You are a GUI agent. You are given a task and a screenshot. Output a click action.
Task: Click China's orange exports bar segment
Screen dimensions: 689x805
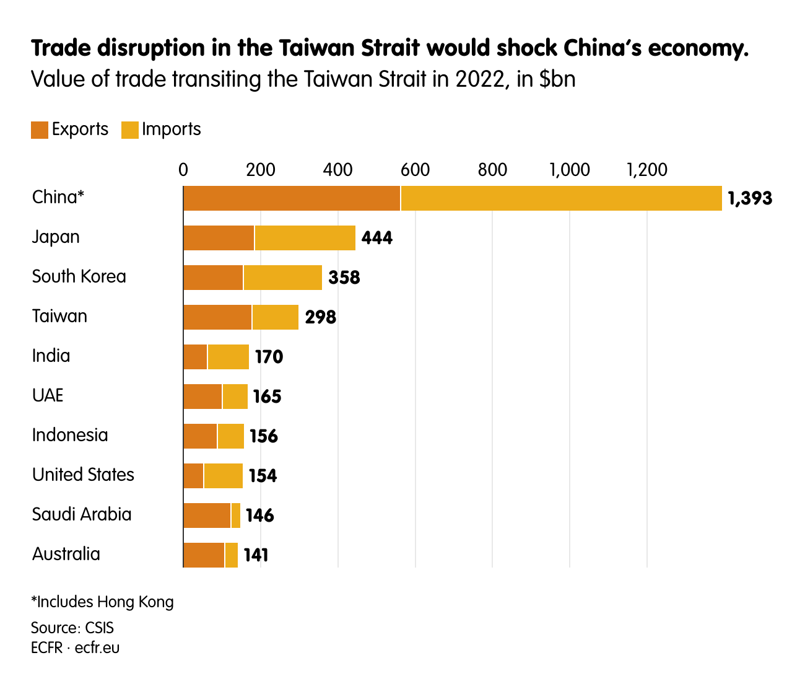click(x=292, y=198)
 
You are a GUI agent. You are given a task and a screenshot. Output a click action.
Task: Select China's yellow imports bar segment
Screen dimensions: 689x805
click(x=561, y=198)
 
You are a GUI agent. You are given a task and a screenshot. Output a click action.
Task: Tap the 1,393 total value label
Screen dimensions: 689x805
click(x=750, y=198)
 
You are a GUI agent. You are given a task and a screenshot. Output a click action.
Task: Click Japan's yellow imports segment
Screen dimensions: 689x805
click(x=305, y=238)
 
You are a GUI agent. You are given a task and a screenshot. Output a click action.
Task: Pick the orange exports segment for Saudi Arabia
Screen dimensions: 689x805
click(x=207, y=516)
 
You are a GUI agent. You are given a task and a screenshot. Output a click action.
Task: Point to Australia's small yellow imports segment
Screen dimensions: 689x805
click(x=232, y=555)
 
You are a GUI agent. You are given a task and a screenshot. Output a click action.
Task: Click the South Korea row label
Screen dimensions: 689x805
click(x=79, y=276)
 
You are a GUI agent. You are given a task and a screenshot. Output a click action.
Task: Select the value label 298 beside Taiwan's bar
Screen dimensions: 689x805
click(x=320, y=317)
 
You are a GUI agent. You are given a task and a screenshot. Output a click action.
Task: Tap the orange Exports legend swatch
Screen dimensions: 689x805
click(x=40, y=129)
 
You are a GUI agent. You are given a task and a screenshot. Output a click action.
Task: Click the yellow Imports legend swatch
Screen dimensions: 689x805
click(x=129, y=129)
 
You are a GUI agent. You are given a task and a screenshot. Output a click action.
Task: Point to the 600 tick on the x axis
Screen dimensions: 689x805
click(x=415, y=170)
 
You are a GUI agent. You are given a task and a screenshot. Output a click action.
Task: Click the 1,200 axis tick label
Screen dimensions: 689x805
click(x=647, y=170)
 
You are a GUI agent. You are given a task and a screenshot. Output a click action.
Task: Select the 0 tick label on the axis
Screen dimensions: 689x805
click(x=183, y=170)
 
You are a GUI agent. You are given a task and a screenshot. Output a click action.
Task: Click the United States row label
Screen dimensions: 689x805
click(x=83, y=475)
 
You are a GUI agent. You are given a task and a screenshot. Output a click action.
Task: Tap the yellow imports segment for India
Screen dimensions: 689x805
click(x=228, y=357)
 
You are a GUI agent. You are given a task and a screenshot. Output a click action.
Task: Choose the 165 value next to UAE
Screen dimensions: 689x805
click(x=267, y=397)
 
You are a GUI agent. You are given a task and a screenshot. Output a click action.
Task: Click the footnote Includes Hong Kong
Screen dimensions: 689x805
click(x=103, y=602)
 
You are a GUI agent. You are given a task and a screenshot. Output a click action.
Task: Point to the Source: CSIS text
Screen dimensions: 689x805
click(x=72, y=628)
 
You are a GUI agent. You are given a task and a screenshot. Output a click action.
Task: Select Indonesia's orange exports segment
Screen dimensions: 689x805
click(x=200, y=436)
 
